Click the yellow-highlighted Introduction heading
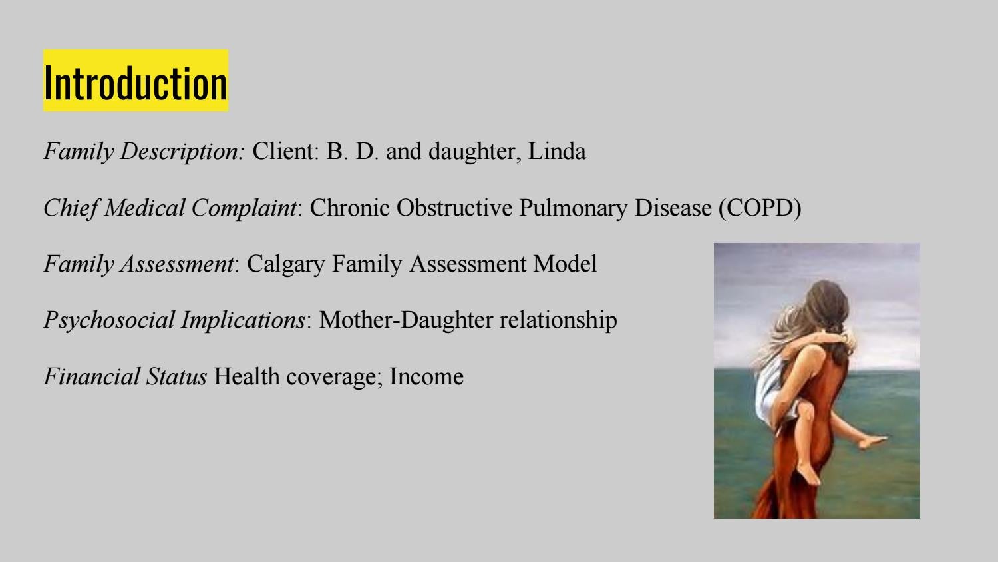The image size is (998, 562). (x=136, y=81)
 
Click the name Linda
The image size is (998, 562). (x=557, y=151)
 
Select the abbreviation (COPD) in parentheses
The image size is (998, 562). (x=760, y=208)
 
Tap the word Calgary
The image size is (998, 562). (x=285, y=264)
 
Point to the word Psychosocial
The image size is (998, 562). (x=110, y=321)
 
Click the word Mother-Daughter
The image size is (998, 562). (x=406, y=320)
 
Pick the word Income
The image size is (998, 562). (x=426, y=376)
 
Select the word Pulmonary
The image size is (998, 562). (x=574, y=208)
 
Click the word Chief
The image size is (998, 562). (x=71, y=208)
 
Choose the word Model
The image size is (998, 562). (x=565, y=264)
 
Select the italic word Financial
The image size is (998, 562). (x=91, y=376)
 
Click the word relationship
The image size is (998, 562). (x=559, y=320)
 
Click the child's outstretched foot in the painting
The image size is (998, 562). (x=872, y=441)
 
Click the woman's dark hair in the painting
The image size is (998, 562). (x=829, y=312)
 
